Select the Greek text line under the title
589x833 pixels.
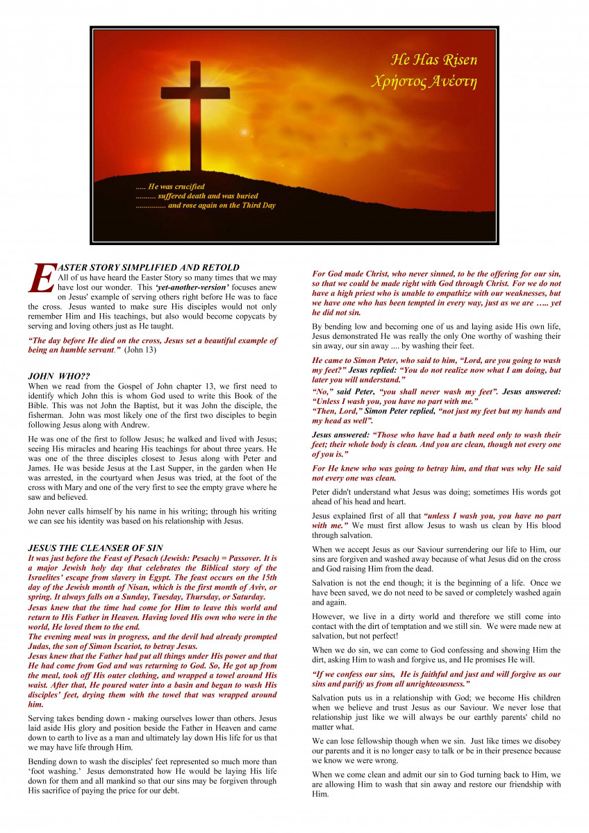[x=424, y=82]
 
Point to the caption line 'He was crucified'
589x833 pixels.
[x=170, y=187]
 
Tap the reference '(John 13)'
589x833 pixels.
[x=140, y=351]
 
